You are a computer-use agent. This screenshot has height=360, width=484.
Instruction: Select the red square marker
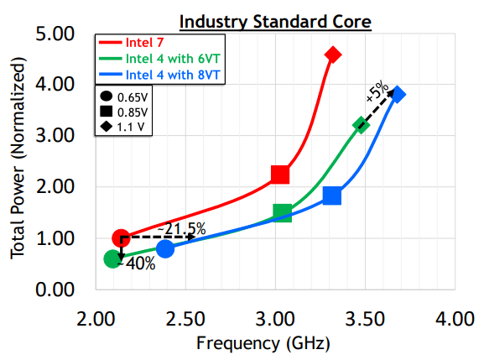(280, 175)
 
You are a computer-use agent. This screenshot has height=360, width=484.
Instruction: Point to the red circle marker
(121, 238)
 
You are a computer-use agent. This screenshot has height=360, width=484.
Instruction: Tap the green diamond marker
(361, 125)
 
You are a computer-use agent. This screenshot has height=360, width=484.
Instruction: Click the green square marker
(283, 213)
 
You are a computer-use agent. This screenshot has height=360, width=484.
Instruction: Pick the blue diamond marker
(398, 94)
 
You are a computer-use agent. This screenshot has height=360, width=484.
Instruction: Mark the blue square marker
(332, 196)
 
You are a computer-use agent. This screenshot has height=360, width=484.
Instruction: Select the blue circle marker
(165, 248)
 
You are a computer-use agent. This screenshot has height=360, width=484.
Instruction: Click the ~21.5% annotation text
(181, 228)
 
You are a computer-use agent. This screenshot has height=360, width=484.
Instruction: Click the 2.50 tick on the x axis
(185, 320)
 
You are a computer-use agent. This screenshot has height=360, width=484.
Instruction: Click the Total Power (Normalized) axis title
(18, 163)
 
